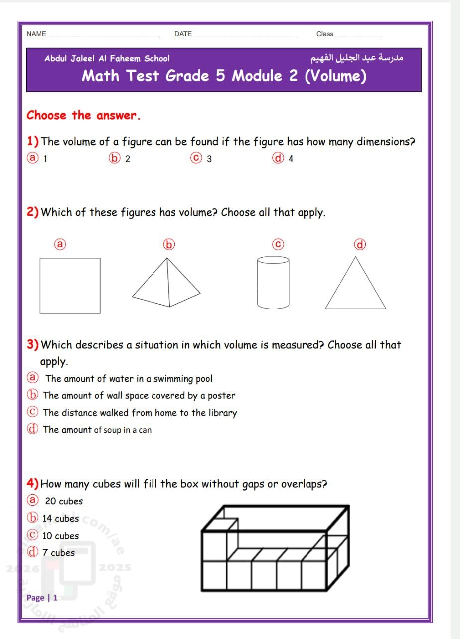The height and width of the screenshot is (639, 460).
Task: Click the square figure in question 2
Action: [70, 285]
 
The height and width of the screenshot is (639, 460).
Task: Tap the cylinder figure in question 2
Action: [273, 282]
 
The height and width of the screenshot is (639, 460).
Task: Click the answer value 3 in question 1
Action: [209, 159]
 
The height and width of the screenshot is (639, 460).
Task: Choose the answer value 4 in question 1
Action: [291, 159]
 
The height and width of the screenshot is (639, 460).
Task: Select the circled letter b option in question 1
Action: [114, 159]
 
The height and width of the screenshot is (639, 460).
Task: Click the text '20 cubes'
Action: [64, 501]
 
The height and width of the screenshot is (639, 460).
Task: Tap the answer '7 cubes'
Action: [58, 553]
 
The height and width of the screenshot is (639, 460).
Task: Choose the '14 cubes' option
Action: [60, 519]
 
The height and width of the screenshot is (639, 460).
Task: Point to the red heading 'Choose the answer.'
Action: [84, 116]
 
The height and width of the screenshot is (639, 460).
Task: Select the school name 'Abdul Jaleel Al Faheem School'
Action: [107, 59]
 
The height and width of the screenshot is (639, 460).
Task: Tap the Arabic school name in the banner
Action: [357, 58]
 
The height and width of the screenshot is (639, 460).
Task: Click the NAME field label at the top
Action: [36, 34]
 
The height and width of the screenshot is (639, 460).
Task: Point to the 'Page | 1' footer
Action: [42, 598]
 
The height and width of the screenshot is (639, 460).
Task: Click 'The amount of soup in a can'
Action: [97, 430]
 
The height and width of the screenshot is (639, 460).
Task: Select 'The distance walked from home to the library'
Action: [140, 413]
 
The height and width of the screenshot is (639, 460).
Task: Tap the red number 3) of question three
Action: [33, 345]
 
